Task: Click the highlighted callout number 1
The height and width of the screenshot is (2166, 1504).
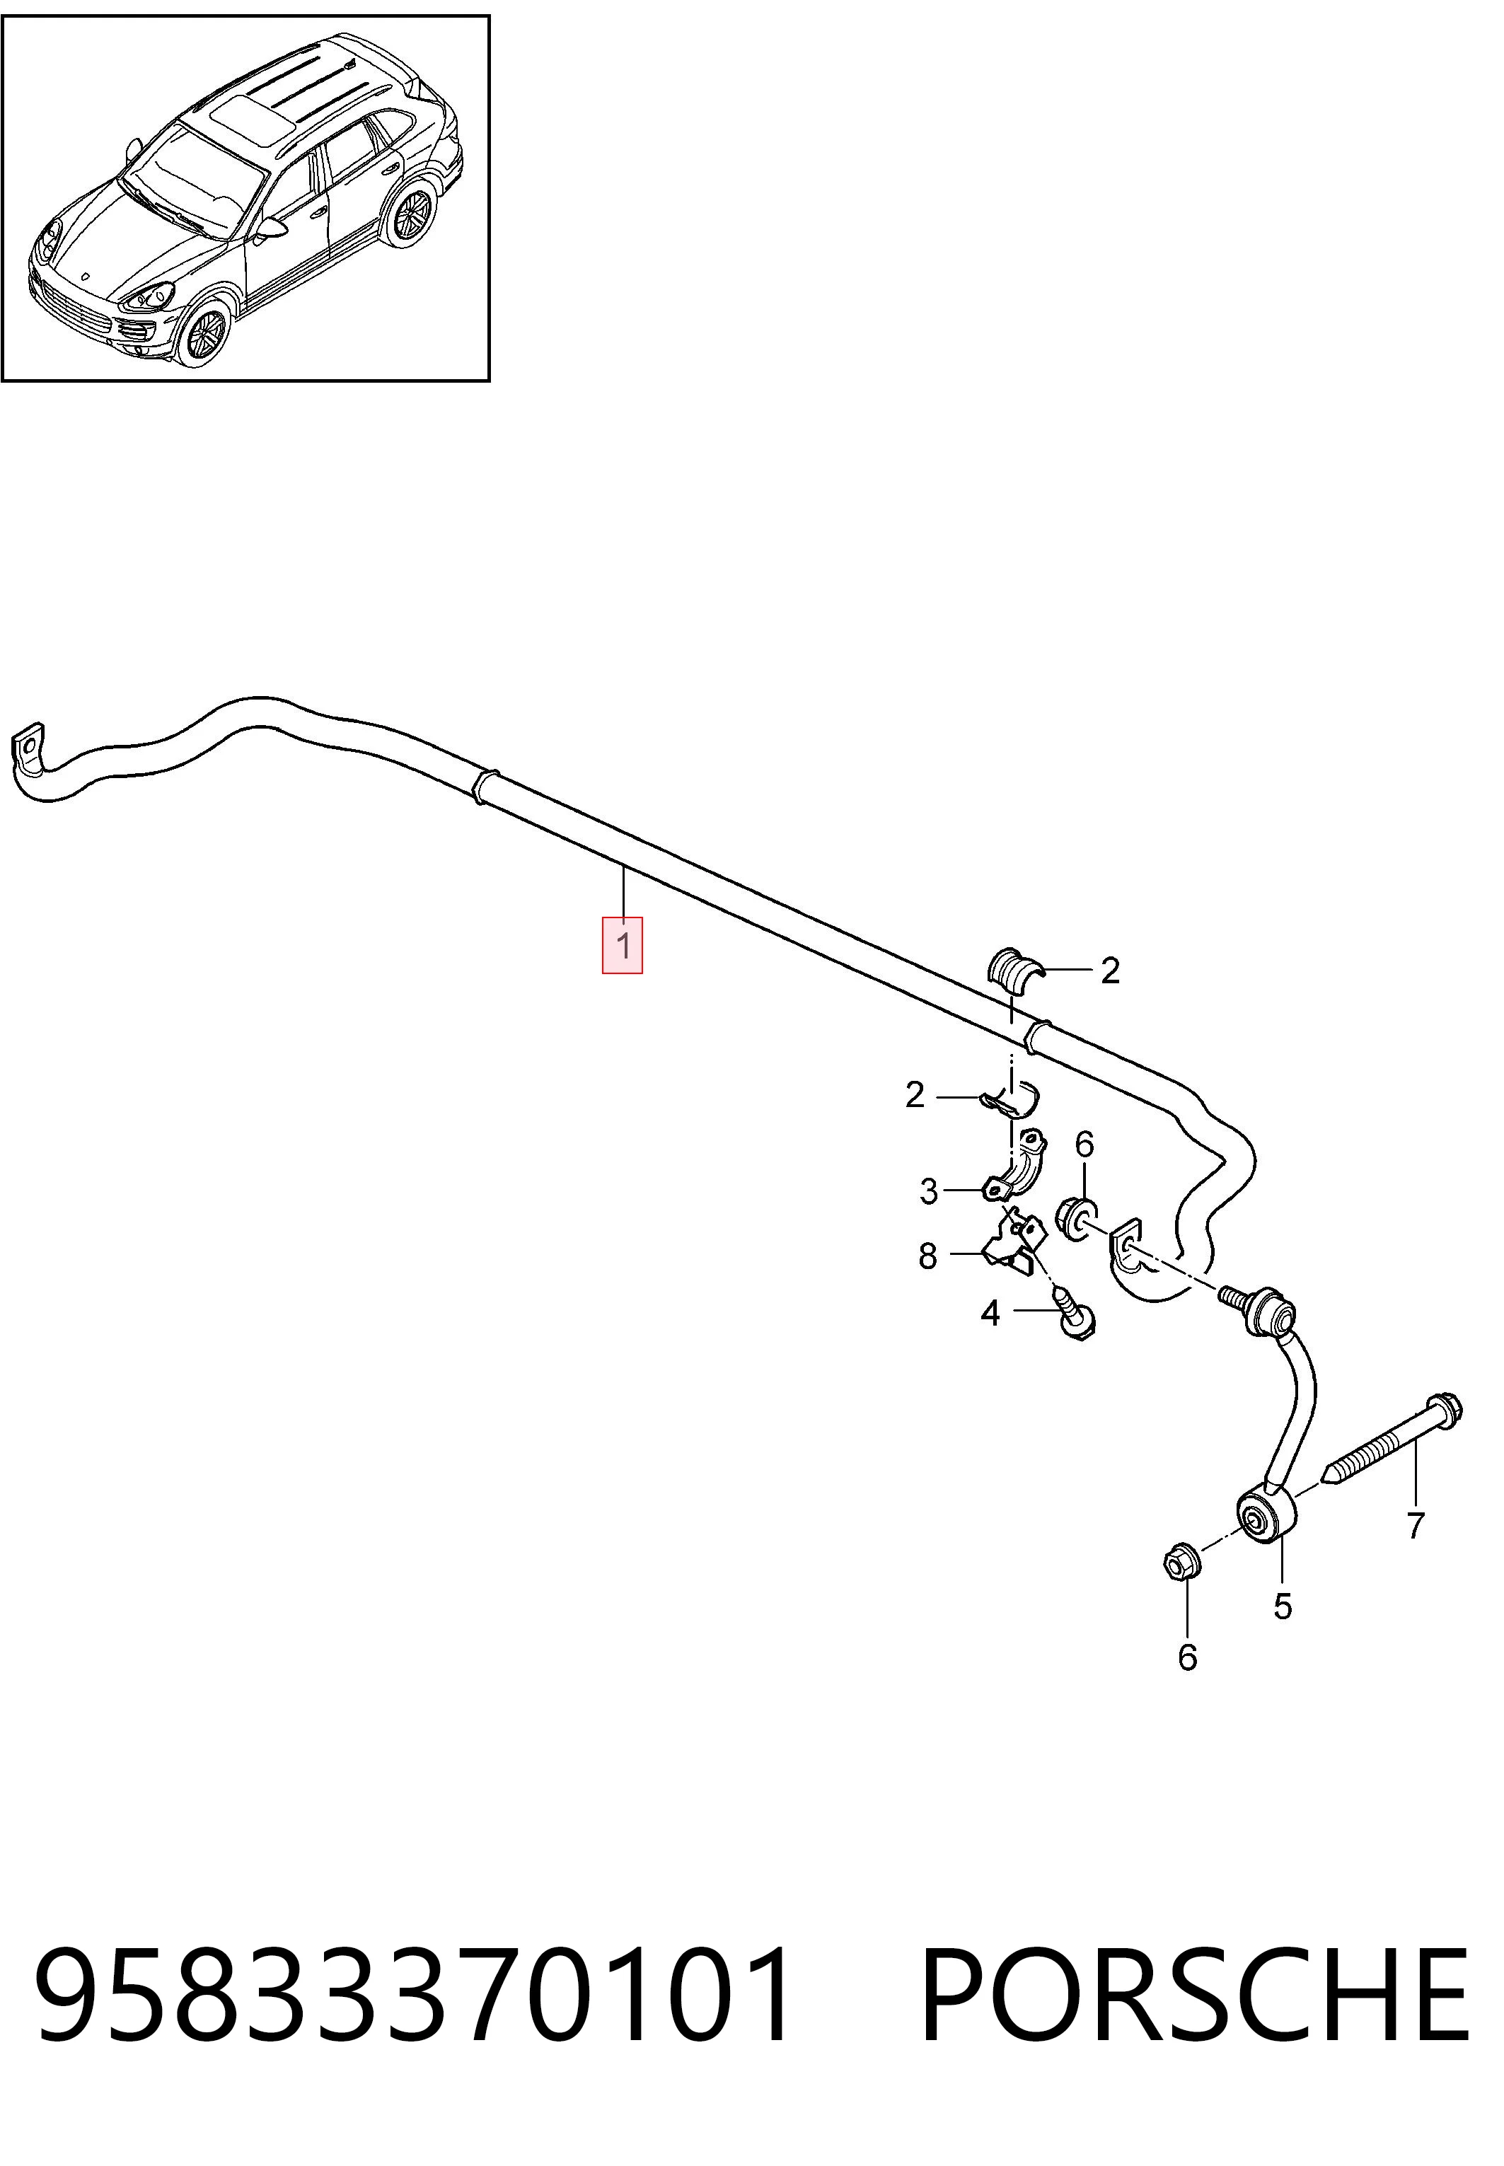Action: [x=623, y=944]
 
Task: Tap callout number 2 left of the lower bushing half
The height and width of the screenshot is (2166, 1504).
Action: [x=914, y=1095]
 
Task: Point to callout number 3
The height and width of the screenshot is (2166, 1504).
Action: [x=929, y=1192]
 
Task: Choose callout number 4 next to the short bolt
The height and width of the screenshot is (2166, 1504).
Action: [x=990, y=1312]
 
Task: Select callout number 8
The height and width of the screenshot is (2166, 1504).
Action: [x=928, y=1256]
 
